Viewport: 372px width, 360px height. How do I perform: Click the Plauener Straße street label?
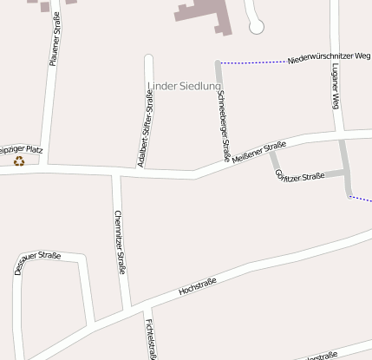pyautogui.click(x=54, y=39)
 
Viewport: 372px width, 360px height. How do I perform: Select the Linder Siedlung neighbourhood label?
pyautogui.click(x=184, y=85)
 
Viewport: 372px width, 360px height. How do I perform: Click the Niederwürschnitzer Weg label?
pyautogui.click(x=327, y=58)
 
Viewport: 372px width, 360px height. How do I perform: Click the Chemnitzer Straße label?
pyautogui.click(x=121, y=241)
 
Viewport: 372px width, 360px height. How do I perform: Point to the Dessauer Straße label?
pyautogui.click(x=36, y=262)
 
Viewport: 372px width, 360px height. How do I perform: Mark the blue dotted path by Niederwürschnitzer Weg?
pyautogui.click(x=251, y=62)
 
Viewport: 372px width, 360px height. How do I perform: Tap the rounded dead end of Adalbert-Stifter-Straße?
pyautogui.click(x=148, y=59)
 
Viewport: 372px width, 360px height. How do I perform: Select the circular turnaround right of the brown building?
pyautogui.click(x=256, y=27)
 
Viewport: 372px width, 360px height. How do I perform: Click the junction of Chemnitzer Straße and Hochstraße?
pyautogui.click(x=129, y=310)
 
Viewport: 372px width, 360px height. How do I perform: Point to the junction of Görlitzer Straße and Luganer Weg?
pyautogui.click(x=347, y=173)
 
